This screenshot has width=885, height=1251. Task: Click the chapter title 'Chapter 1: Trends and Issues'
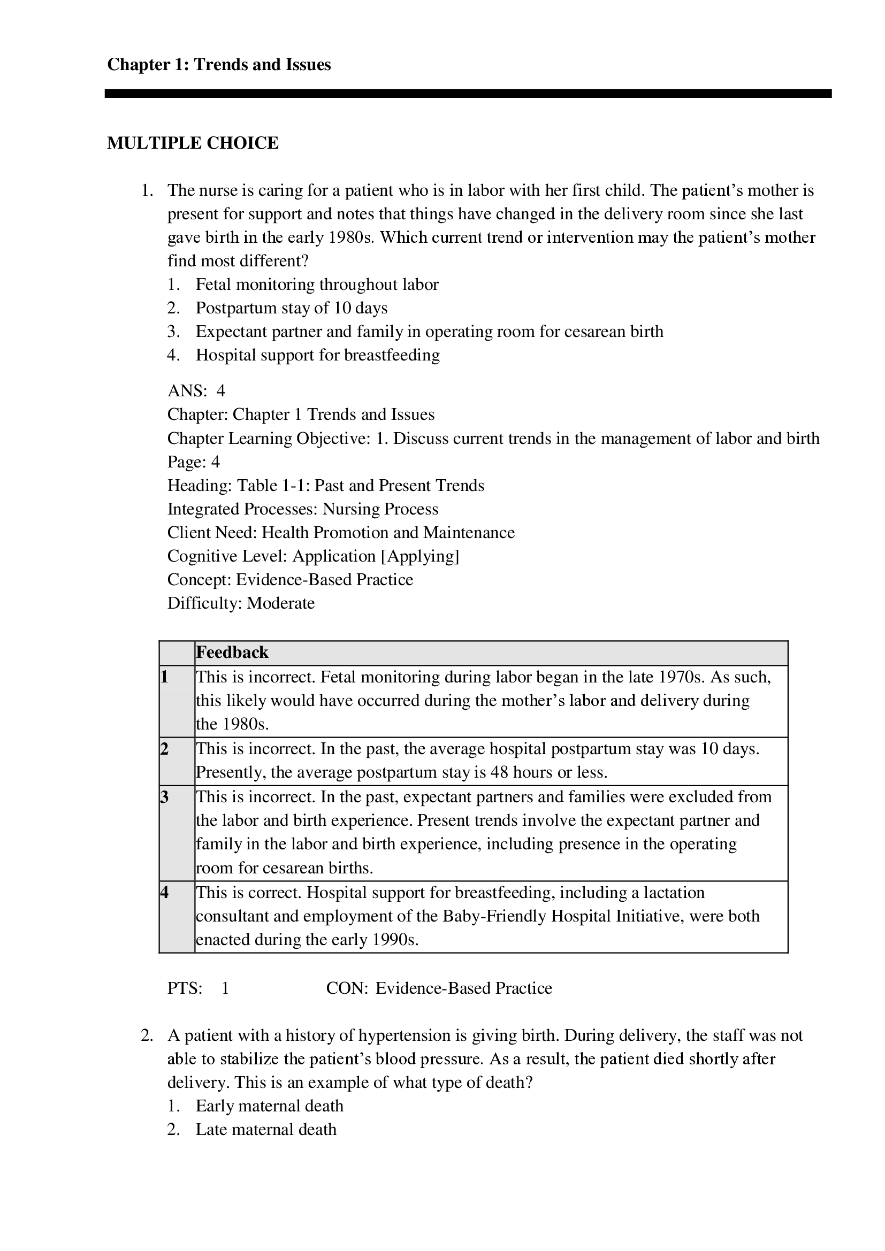click(218, 65)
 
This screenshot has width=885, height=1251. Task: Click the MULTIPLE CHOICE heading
click(193, 143)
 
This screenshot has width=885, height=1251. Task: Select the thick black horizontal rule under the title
click(468, 94)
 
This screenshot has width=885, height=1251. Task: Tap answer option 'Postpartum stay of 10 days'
click(291, 309)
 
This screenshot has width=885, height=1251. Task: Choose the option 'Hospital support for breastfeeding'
click(317, 355)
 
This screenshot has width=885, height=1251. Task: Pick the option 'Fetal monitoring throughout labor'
click(317, 285)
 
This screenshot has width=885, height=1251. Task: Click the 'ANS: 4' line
click(196, 390)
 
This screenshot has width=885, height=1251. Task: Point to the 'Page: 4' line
click(194, 462)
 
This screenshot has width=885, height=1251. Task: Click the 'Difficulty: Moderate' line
click(241, 603)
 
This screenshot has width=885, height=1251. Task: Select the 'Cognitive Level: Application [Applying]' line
click(313, 556)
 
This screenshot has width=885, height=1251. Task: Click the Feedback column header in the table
click(232, 653)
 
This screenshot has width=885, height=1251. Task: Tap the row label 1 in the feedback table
click(165, 677)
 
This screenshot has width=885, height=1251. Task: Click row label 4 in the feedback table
click(165, 893)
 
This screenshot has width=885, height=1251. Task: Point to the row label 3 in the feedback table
click(165, 797)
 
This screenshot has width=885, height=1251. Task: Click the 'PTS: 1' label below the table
click(198, 988)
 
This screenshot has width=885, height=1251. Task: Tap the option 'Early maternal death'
click(269, 1106)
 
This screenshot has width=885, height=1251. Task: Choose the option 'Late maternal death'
click(265, 1130)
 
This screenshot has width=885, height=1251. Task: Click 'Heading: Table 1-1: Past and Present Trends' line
click(325, 486)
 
